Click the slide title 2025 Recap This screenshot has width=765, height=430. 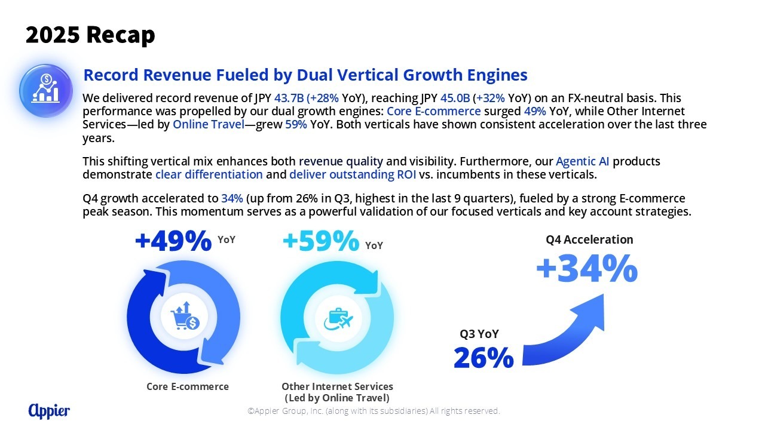[x=90, y=35]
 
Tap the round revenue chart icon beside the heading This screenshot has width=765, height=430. [x=46, y=91]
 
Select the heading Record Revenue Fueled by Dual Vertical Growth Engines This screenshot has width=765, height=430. [x=305, y=75]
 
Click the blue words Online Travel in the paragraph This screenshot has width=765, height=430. [x=209, y=124]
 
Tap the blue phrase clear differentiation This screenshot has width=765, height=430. [x=209, y=174]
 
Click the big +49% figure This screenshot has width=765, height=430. [x=173, y=241]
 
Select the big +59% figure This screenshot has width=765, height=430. [x=321, y=241]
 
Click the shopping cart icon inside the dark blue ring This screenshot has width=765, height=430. [x=185, y=318]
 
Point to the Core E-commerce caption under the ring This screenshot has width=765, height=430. [x=188, y=386]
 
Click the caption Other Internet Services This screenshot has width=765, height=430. [x=337, y=386]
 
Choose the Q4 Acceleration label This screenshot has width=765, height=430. [x=589, y=239]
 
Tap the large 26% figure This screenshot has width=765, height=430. [x=484, y=358]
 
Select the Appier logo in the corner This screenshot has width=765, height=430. [x=49, y=410]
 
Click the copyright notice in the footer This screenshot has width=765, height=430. [x=374, y=411]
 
